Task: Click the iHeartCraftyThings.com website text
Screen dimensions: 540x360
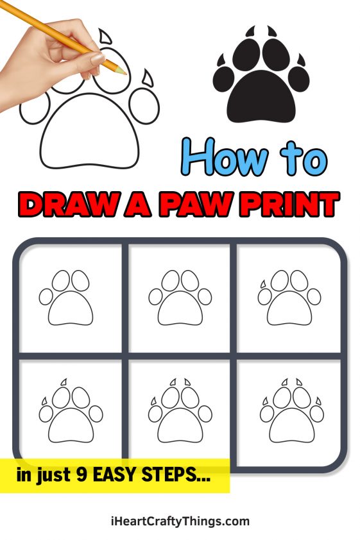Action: click(180, 521)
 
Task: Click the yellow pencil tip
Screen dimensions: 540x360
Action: click(123, 71)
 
